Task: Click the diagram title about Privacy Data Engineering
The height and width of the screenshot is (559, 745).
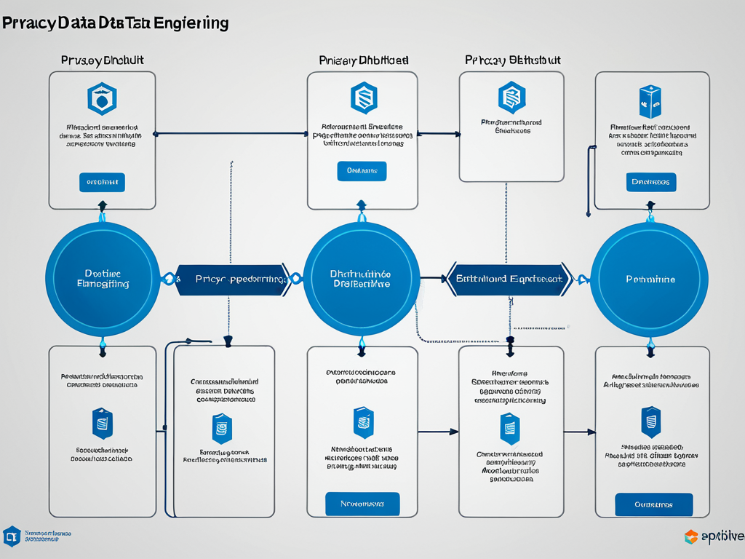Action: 115,23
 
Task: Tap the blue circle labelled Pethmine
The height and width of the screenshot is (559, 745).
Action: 650,279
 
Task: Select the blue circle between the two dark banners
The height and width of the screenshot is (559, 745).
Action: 362,279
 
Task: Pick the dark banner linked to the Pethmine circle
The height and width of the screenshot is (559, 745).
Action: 509,279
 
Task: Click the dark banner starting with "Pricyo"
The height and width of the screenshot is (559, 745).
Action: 231,279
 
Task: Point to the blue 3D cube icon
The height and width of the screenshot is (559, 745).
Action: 650,103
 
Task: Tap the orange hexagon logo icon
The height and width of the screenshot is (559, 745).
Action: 691,537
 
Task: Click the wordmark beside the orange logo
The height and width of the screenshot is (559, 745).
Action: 723,537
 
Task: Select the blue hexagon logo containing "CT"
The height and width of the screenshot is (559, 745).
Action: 12,536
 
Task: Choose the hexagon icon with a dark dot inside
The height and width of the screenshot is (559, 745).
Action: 102,99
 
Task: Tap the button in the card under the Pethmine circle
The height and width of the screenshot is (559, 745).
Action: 653,504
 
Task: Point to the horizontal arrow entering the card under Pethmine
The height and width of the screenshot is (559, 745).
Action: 580,432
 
